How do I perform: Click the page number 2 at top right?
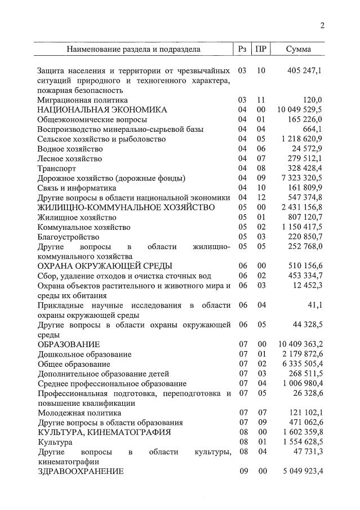(x=322, y=25)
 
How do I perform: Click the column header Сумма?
(x=298, y=50)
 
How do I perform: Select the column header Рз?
(x=242, y=50)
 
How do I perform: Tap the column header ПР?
(x=261, y=50)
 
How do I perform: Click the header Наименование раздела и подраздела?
(x=134, y=50)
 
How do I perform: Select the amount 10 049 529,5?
(x=300, y=110)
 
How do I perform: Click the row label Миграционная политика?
(x=83, y=100)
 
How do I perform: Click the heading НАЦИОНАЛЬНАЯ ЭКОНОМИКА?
(x=102, y=110)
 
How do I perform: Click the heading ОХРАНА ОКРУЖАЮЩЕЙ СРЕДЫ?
(x=105, y=266)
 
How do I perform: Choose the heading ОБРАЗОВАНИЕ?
(x=69, y=344)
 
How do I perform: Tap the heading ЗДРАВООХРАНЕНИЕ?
(x=81, y=471)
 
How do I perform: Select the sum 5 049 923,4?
(x=302, y=471)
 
